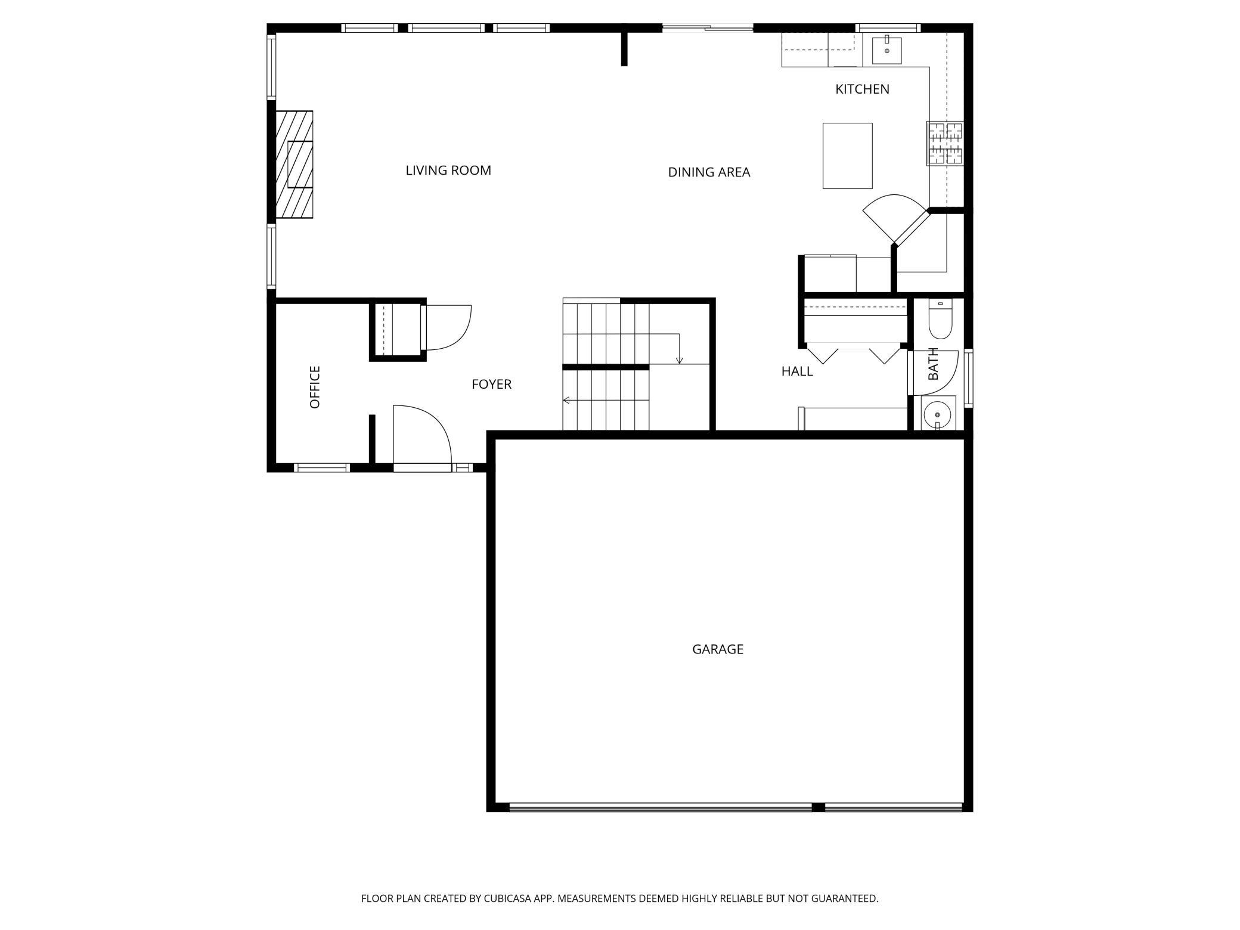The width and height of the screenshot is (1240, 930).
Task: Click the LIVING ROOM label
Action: click(x=448, y=170)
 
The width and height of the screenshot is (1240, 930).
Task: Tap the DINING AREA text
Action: click(x=709, y=172)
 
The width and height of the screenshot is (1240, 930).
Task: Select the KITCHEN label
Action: click(x=862, y=89)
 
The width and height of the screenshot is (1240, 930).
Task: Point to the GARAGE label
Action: click(x=718, y=649)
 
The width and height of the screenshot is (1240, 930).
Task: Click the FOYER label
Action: click(x=492, y=385)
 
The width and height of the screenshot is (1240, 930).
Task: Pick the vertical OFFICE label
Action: click(x=315, y=387)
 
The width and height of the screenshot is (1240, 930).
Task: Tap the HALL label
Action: click(x=797, y=371)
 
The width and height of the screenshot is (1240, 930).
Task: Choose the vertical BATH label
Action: click(x=934, y=364)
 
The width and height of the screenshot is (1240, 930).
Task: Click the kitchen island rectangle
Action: click(x=848, y=156)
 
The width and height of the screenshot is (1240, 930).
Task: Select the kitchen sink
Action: click(x=887, y=50)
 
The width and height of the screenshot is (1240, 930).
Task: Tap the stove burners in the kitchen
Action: click(x=945, y=143)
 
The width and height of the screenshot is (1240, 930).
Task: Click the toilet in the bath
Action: click(x=941, y=319)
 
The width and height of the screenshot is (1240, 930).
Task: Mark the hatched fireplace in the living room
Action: click(x=294, y=165)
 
